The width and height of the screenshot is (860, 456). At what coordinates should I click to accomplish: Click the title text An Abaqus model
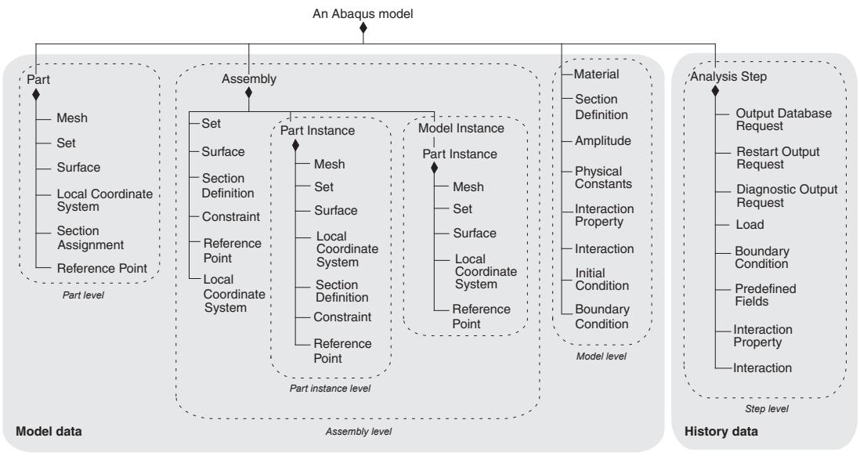tap(363, 14)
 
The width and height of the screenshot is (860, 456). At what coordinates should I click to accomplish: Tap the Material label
tap(596, 74)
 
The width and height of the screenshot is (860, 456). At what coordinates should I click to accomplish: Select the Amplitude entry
tap(603, 140)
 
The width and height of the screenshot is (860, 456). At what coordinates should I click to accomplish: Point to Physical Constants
tap(603, 177)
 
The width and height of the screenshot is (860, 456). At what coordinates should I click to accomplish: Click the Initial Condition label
tap(602, 279)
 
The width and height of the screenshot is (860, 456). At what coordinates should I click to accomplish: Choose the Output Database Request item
tap(783, 120)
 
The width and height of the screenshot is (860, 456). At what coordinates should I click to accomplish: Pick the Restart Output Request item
tap(778, 158)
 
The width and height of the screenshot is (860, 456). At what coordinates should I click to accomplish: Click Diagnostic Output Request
tap(786, 196)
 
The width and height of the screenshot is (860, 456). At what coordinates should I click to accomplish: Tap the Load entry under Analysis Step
tap(750, 224)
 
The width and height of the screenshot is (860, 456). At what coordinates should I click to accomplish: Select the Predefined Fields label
tap(765, 295)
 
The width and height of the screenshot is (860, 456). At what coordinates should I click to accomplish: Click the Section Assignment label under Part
tap(91, 237)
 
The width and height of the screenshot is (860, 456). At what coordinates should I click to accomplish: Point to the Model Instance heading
tap(461, 128)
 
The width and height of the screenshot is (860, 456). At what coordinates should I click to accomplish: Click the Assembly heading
tap(249, 79)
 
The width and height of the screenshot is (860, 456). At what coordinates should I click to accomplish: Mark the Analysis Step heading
tap(728, 77)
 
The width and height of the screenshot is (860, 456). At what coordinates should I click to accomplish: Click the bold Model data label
tap(49, 431)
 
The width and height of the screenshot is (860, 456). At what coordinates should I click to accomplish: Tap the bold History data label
tap(721, 431)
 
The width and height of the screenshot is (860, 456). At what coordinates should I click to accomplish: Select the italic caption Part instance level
tap(331, 389)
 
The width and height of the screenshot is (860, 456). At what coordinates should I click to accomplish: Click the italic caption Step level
tap(767, 409)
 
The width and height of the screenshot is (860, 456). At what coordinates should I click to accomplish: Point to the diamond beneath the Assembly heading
tap(248, 92)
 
